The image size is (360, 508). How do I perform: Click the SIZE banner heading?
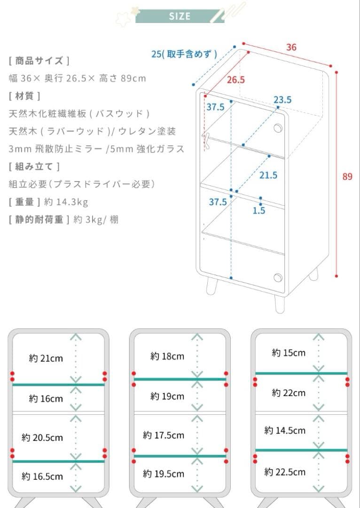click(180, 16)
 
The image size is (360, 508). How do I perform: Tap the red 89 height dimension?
click(347, 176)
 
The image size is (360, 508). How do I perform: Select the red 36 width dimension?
click(291, 48)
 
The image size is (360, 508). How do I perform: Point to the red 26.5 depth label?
click(235, 79)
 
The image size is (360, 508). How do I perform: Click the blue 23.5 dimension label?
click(282, 100)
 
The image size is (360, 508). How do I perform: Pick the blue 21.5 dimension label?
click(268, 175)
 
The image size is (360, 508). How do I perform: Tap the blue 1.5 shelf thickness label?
click(259, 211)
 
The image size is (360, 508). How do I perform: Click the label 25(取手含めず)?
click(184, 54)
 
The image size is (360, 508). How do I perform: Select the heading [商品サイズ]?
click(39, 61)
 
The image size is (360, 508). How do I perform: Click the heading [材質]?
click(24, 96)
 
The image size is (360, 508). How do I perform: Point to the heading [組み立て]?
click(34, 167)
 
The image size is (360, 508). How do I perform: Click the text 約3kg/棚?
click(96, 220)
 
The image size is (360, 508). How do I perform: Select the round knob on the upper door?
click(278, 128)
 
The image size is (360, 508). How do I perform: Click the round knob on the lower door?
click(278, 278)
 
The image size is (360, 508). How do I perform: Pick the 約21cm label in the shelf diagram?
click(46, 358)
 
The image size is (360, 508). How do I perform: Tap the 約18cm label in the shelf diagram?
click(167, 357)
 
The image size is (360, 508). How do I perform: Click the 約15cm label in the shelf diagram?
click(289, 352)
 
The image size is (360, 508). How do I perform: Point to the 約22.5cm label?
click(285, 472)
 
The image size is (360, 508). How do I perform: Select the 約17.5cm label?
click(164, 435)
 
